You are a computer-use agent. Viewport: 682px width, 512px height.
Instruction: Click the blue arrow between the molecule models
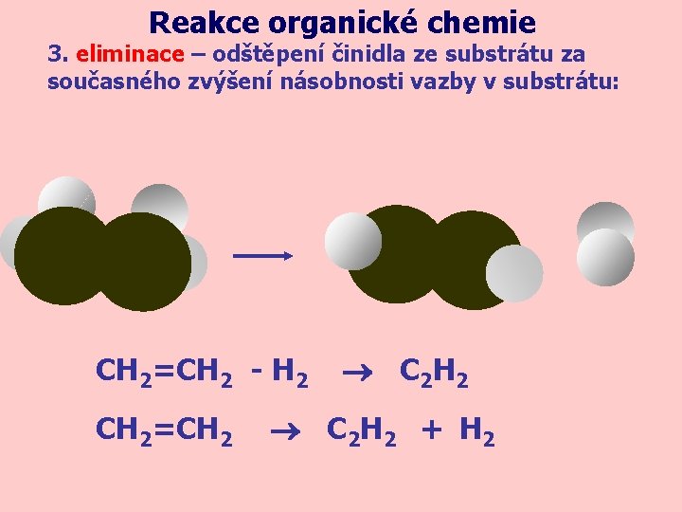coord(262,255)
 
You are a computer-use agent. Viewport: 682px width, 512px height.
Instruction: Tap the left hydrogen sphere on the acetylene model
coord(352,240)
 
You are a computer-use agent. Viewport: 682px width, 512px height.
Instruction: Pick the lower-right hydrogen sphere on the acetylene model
coord(514,273)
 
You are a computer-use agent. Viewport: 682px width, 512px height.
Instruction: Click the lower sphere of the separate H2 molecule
coord(605,257)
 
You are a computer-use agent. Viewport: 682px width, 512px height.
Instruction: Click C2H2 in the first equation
coord(434,373)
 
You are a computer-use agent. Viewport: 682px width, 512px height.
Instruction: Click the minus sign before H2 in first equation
coord(257,372)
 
